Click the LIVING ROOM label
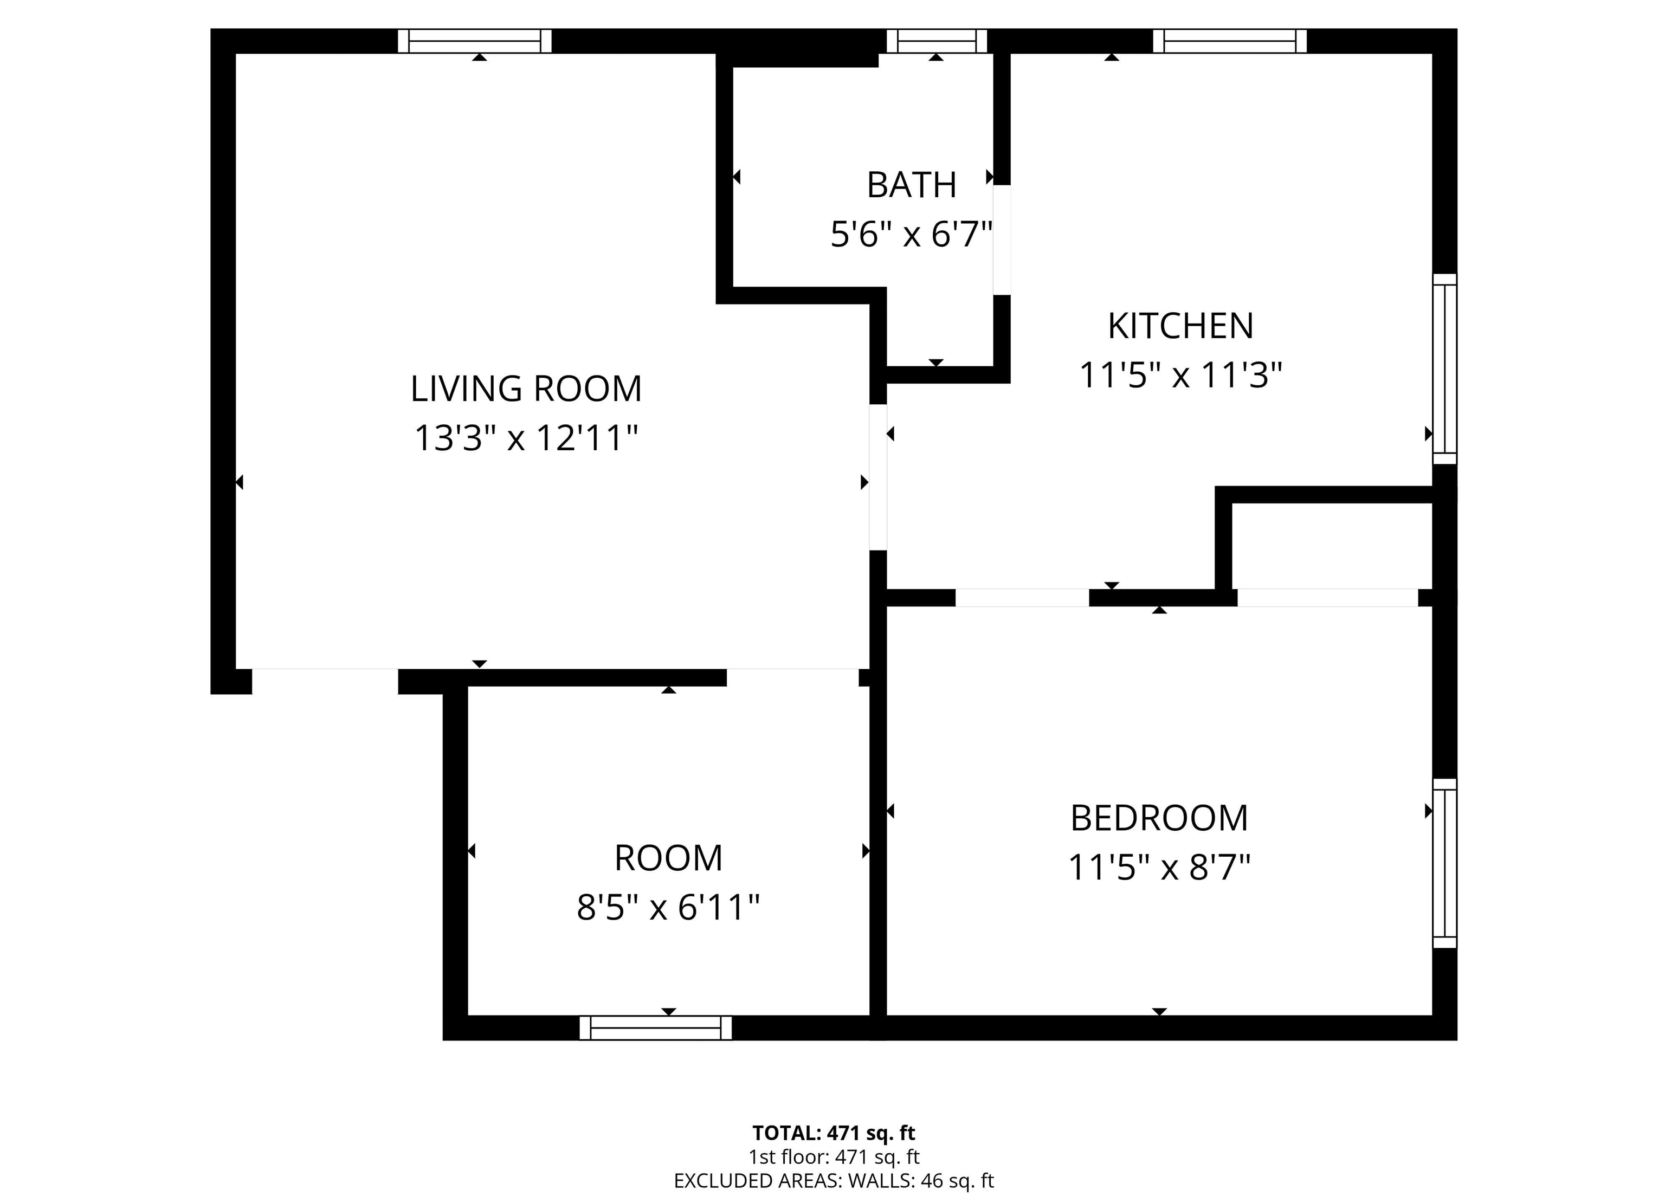coord(526,389)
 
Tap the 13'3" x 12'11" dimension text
coord(526,438)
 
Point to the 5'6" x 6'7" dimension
coord(912,235)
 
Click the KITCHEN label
coord(1180,326)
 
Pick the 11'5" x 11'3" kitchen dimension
coord(1180,375)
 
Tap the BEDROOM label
coord(1159,818)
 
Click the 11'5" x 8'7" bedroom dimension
coord(1159,868)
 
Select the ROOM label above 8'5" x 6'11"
coord(668,858)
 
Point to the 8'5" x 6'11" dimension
coord(668,907)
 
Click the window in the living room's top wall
coord(474,41)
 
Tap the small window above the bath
coord(936,41)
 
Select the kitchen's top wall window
coord(1230,41)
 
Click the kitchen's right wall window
coord(1445,369)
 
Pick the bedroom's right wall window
coord(1445,864)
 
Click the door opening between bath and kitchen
coord(1002,240)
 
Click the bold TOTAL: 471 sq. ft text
coord(834,1133)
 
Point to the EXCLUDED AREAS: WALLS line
coord(834,1180)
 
